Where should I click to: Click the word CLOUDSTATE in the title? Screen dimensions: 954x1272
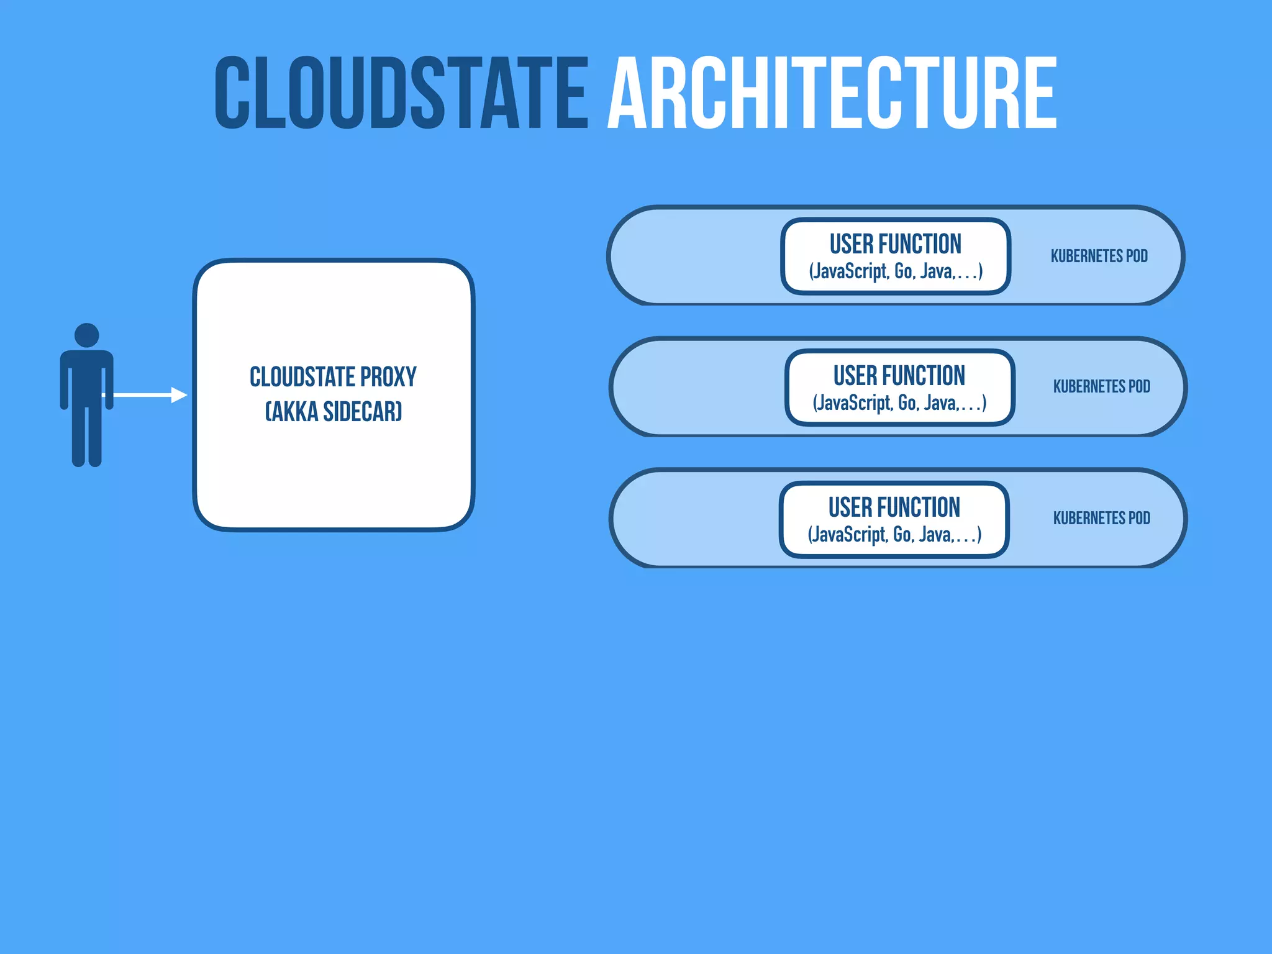click(401, 93)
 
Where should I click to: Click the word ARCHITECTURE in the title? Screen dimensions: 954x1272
click(832, 93)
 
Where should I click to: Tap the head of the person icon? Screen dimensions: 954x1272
click(86, 335)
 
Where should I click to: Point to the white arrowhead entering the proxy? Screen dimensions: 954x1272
click(179, 395)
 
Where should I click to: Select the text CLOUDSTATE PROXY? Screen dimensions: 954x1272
click(333, 377)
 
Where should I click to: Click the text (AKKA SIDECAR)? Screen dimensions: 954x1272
click(334, 412)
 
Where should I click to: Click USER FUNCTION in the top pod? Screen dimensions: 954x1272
click(895, 244)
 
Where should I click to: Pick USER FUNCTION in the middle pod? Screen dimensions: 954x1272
click(899, 376)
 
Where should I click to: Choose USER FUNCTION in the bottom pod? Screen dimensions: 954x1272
click(894, 507)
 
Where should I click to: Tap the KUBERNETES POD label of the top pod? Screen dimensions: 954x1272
click(1099, 256)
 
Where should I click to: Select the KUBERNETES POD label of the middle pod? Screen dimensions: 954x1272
click(1101, 386)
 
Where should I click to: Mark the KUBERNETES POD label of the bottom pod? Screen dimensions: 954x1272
click(1101, 518)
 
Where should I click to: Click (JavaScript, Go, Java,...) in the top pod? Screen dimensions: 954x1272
click(895, 271)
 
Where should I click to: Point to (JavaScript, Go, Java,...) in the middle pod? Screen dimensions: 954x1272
click(899, 403)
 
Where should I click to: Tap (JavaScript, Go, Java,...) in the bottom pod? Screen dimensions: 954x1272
click(894, 535)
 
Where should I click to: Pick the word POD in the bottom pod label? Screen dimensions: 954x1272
click(1139, 518)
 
